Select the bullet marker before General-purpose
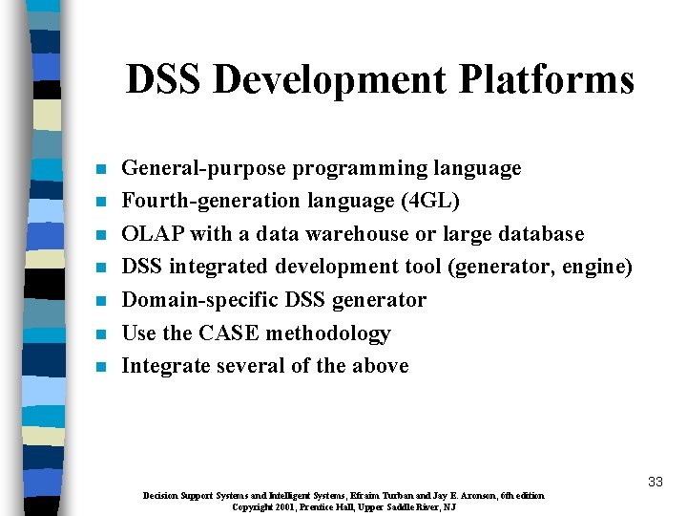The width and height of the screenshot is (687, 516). [x=98, y=170]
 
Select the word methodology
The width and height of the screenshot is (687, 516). [x=328, y=333]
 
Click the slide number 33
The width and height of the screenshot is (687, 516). [x=655, y=482]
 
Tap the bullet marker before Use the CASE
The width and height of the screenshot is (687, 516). [x=98, y=334]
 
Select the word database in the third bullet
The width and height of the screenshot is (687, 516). [x=538, y=234]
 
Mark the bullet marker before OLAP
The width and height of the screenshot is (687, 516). [x=98, y=236]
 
